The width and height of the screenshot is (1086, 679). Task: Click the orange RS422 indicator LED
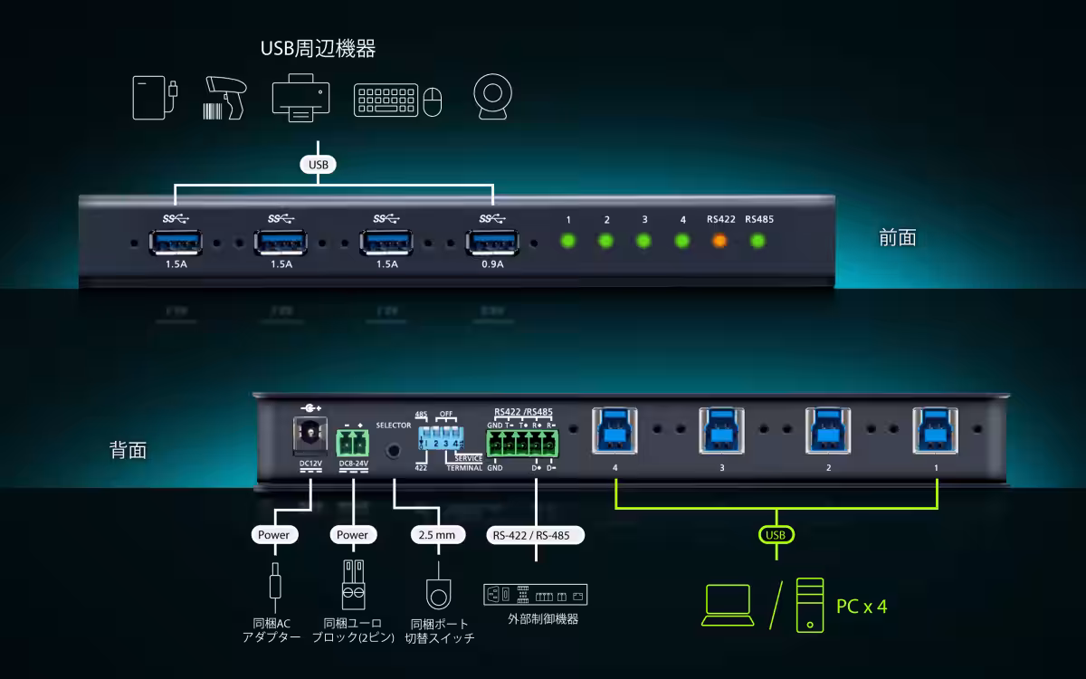719,241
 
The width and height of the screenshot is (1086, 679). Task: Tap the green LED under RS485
758,241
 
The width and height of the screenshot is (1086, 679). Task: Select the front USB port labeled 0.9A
493,243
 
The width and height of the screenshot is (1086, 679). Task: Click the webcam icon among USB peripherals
493,97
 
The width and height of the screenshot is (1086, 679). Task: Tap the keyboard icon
386,100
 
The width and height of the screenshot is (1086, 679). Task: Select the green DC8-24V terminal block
352,443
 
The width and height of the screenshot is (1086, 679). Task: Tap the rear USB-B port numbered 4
614,430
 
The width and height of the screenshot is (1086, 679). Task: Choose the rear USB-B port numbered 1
936,430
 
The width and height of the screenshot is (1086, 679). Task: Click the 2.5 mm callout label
438,535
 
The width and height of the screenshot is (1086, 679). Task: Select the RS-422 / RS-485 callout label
535,535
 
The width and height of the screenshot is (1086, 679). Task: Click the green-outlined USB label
776,535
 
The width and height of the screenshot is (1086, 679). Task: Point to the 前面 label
898,238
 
